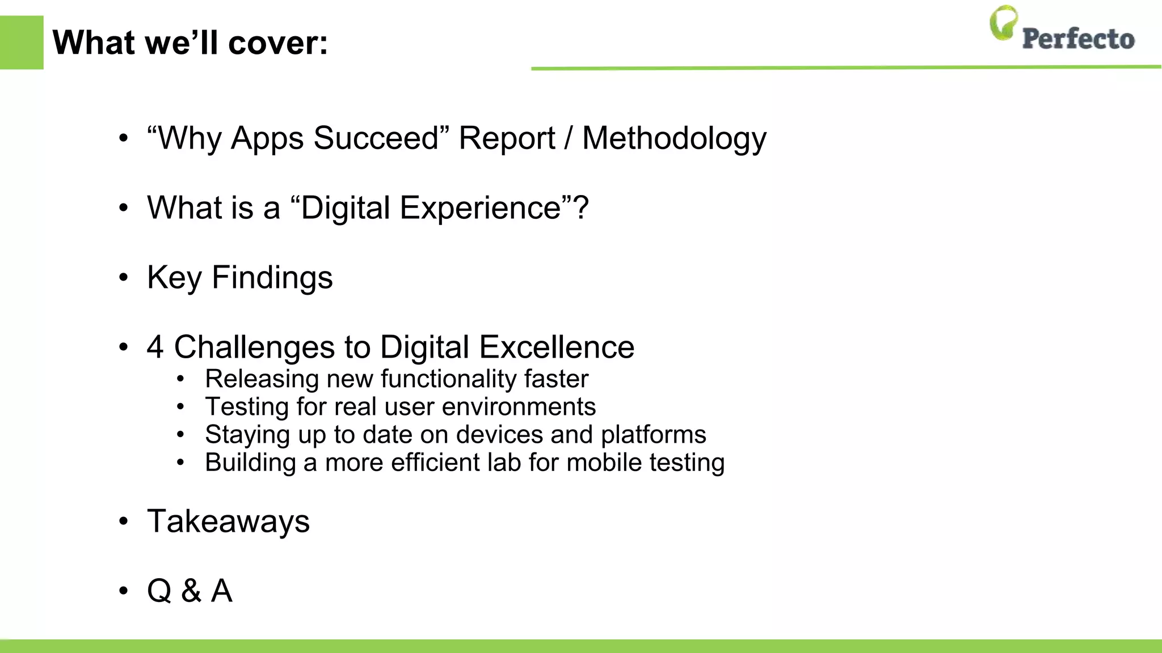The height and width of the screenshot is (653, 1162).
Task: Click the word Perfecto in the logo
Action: tap(1078, 39)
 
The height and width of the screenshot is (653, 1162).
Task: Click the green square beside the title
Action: tap(22, 43)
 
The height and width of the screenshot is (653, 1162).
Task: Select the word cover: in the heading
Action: tap(278, 43)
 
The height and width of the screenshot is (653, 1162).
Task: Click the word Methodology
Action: tap(674, 139)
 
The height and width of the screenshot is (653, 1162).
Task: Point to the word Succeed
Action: tap(376, 138)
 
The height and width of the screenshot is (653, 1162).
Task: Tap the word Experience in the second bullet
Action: tap(480, 208)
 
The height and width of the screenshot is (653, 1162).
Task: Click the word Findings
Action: tap(272, 278)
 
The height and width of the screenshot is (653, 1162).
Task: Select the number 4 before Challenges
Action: tap(155, 347)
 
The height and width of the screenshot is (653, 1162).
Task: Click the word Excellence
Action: tap(557, 347)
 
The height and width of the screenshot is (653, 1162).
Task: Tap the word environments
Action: tap(519, 407)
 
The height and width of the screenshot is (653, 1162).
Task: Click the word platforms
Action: tap(653, 435)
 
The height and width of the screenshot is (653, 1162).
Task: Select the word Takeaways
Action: tap(228, 521)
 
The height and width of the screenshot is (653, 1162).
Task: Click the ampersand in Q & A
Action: tap(191, 591)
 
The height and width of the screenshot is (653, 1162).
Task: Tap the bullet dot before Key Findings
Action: tap(124, 278)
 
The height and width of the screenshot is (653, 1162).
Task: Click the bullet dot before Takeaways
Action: tap(124, 522)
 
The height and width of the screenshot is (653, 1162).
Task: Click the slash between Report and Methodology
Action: tap(568, 139)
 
